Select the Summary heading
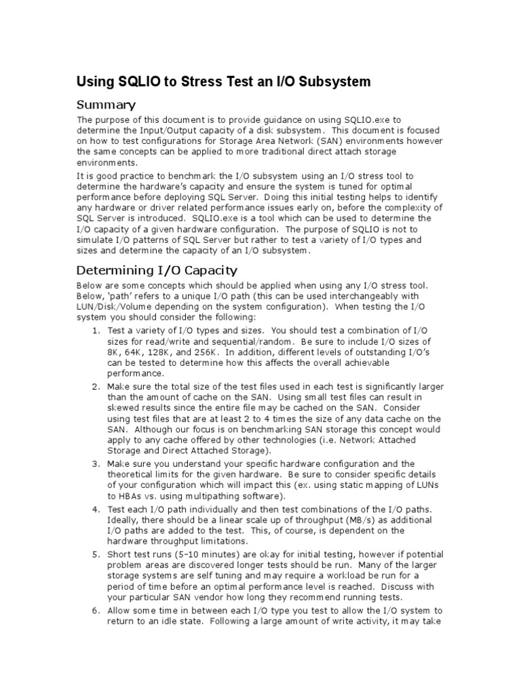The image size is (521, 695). click(x=107, y=105)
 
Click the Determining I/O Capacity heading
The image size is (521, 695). click(x=157, y=270)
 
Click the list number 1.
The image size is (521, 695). click(x=96, y=331)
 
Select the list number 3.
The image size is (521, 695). click(x=96, y=464)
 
